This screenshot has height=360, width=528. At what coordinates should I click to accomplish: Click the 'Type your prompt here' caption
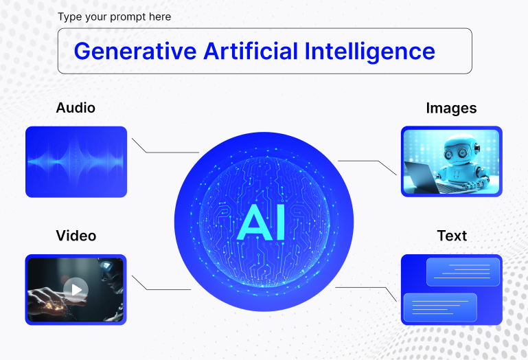tap(114, 16)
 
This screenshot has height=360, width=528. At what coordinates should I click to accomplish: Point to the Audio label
tap(76, 108)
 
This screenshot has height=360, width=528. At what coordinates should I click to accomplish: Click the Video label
tap(76, 236)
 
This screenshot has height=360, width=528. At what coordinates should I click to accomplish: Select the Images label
tap(451, 108)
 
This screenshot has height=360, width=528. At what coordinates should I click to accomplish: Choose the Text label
tap(451, 236)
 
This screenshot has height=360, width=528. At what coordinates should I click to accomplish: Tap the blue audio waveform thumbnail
tap(76, 162)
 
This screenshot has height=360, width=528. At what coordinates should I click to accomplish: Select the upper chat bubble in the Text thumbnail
tap(463, 272)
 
